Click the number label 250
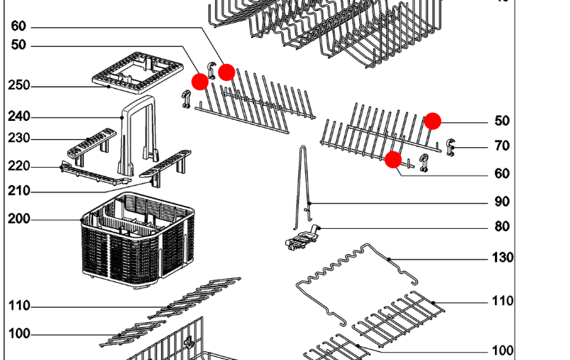pos(19,85)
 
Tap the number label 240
pos(19,117)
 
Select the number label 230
pos(19,138)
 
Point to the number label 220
pos(19,166)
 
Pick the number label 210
pos(19,192)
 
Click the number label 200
pos(19,219)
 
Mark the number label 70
pos(501,146)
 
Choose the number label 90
pos(501,202)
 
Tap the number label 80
pos(501,227)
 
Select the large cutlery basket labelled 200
pos(138,244)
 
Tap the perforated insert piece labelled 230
pos(91,143)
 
